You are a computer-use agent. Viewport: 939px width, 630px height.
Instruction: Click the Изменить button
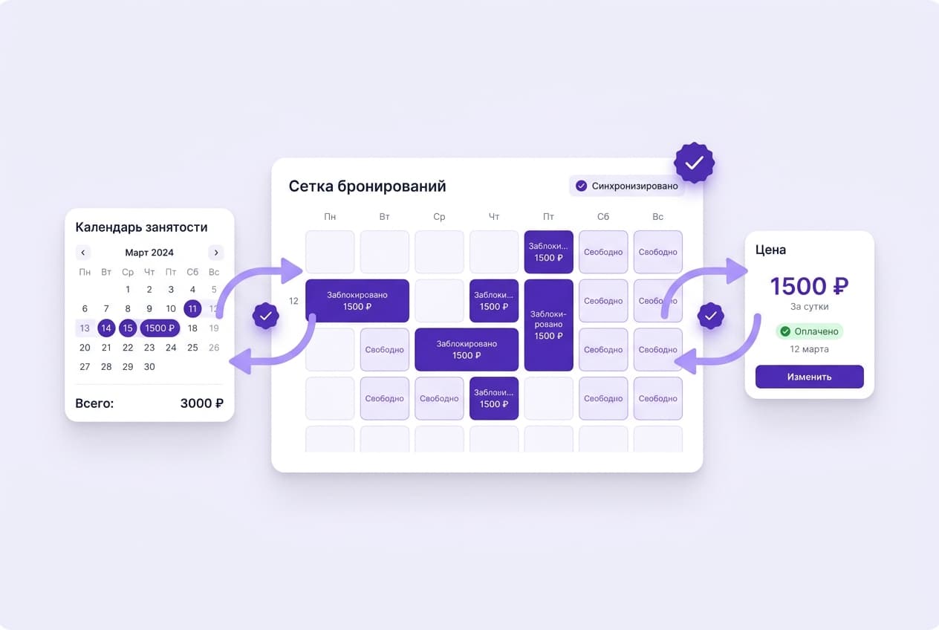(809, 377)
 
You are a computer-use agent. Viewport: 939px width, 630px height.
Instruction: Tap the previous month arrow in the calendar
(83, 253)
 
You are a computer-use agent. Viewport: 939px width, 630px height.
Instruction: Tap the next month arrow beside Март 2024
(216, 253)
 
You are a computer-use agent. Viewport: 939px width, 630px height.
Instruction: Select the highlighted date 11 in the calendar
(192, 308)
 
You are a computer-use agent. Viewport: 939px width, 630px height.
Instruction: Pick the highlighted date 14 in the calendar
(106, 328)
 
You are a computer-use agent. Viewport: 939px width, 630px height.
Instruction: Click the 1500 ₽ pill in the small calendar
(160, 328)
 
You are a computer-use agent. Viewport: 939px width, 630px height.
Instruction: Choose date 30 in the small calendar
(149, 367)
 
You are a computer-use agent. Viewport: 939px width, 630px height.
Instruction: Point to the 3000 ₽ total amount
(201, 403)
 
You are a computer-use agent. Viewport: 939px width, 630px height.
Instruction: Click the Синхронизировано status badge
(627, 186)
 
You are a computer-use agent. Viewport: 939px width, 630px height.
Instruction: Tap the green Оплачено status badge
(809, 331)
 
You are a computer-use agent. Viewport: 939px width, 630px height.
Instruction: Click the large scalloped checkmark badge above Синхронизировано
(694, 163)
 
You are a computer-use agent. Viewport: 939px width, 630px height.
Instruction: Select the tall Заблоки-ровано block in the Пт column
(548, 325)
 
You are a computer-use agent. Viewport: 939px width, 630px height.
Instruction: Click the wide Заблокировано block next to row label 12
(357, 301)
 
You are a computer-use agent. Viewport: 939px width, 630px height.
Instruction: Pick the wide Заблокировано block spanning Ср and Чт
(467, 349)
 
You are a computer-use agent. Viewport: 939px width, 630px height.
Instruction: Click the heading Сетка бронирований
(367, 186)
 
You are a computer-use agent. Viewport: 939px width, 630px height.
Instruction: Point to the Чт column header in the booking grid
(494, 217)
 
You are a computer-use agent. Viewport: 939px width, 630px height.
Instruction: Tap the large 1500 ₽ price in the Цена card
(809, 286)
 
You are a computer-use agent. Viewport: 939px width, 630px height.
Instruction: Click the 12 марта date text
(809, 348)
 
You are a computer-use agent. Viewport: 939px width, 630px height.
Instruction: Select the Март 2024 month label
(149, 253)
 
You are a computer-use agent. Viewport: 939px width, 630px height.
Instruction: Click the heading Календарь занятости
(141, 227)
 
